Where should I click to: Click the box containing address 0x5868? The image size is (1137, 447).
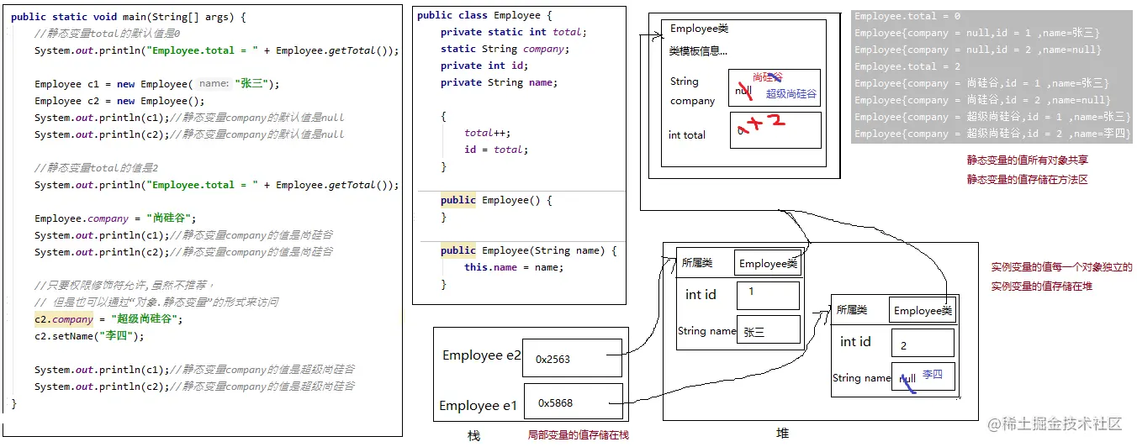point(573,402)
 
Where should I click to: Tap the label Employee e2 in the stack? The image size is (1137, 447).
point(482,355)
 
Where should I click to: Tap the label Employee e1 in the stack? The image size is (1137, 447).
point(478,406)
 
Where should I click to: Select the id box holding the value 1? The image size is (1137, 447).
point(767,295)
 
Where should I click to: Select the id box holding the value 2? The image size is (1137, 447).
point(922,343)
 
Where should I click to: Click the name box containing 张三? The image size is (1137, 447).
point(767,331)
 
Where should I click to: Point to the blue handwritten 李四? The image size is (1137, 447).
point(933,374)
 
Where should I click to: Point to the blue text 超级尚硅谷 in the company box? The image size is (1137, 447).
point(791,94)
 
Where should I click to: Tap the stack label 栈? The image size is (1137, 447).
point(473,436)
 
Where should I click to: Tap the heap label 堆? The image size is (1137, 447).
point(782,434)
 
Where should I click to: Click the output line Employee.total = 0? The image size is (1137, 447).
point(907,16)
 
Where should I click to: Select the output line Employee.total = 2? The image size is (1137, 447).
point(907,66)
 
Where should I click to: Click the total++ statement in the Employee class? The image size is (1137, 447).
point(487,133)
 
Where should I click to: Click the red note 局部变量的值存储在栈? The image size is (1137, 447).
point(578,435)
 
